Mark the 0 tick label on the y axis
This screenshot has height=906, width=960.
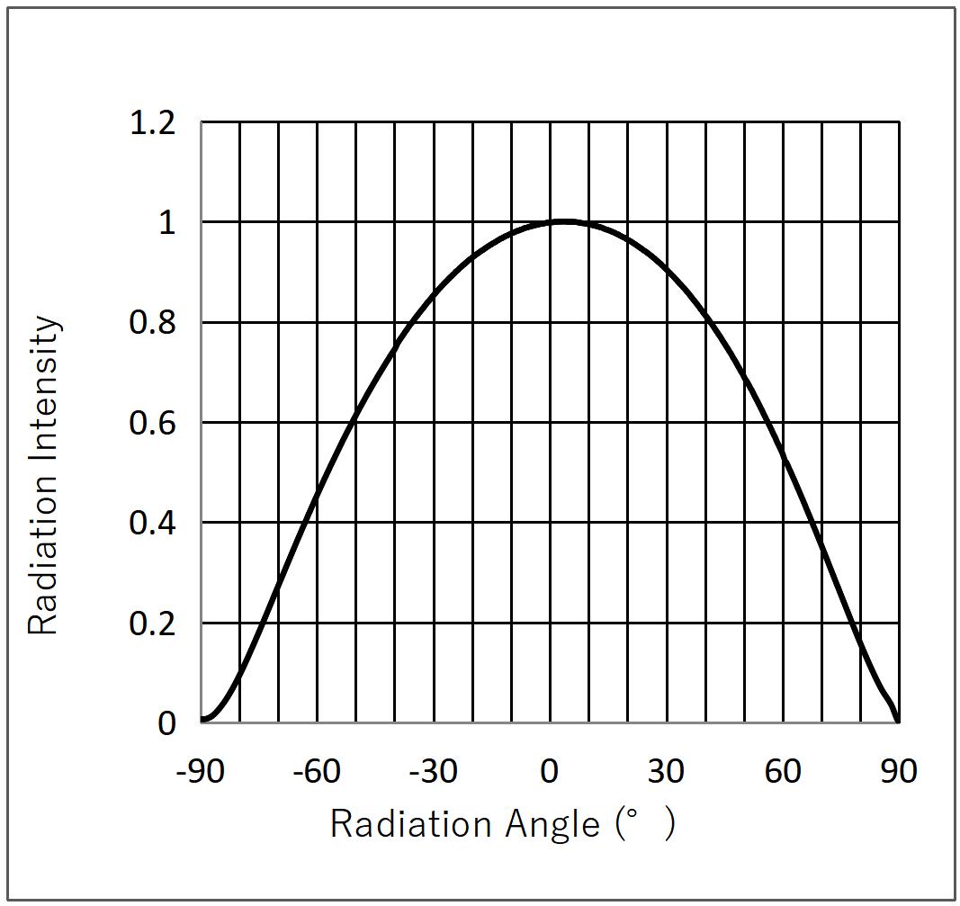click(x=166, y=723)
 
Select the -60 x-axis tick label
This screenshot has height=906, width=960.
click(x=319, y=771)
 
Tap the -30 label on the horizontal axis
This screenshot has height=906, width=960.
click(x=435, y=771)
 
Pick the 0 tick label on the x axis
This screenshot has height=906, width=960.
click(x=550, y=771)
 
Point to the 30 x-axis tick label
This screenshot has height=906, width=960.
click(x=666, y=771)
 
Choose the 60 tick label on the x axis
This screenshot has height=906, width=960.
click(x=783, y=771)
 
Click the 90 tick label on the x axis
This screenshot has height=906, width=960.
click(x=898, y=771)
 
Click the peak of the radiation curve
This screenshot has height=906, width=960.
click(x=563, y=221)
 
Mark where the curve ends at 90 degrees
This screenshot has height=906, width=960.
click(x=898, y=721)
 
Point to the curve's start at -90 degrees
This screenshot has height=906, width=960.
click(x=202, y=720)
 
